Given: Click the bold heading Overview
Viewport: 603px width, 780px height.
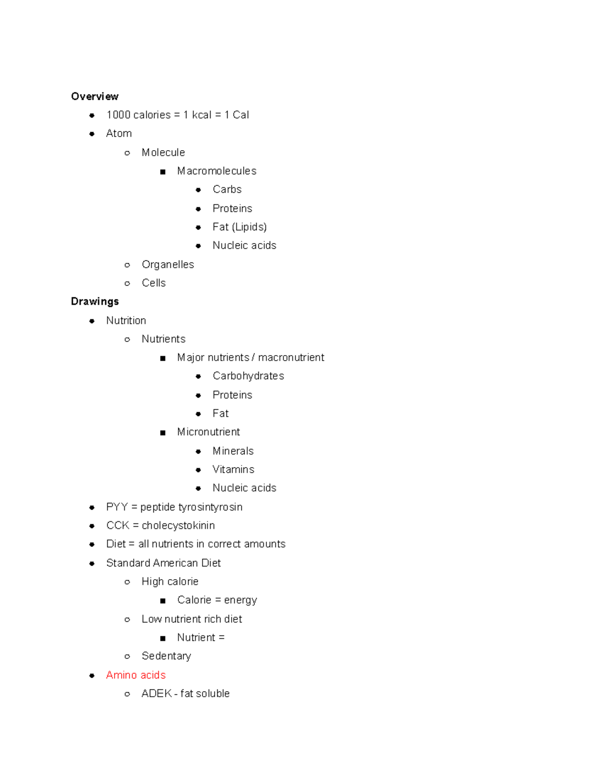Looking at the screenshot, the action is click(x=94, y=96).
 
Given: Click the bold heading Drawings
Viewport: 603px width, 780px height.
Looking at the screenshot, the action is click(x=94, y=301).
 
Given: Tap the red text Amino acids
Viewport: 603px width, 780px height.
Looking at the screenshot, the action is click(x=136, y=675).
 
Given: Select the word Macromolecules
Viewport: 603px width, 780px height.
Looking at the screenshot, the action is click(x=217, y=171).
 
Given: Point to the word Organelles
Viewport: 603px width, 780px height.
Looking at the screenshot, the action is click(x=167, y=265).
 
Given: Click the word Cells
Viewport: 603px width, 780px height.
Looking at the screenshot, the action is click(x=153, y=283).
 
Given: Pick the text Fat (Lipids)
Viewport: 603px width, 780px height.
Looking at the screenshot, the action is click(x=239, y=227).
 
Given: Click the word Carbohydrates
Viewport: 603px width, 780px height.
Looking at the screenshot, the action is click(x=248, y=376).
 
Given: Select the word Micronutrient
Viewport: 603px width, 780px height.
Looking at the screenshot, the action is click(x=208, y=432).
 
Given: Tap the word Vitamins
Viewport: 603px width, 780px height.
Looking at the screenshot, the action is click(x=233, y=470).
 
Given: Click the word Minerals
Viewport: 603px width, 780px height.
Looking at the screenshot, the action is click(x=233, y=451).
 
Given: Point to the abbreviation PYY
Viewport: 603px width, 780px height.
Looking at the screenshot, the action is click(x=117, y=507).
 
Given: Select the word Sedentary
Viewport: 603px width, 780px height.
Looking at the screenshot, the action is click(x=166, y=656).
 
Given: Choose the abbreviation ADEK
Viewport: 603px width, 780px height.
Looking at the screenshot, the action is click(x=156, y=694).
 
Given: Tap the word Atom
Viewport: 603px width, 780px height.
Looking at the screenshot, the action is click(x=119, y=134).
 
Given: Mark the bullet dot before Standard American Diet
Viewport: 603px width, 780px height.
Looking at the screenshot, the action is click(x=92, y=564).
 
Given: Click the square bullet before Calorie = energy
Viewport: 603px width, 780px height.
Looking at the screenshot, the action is click(x=163, y=601).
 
